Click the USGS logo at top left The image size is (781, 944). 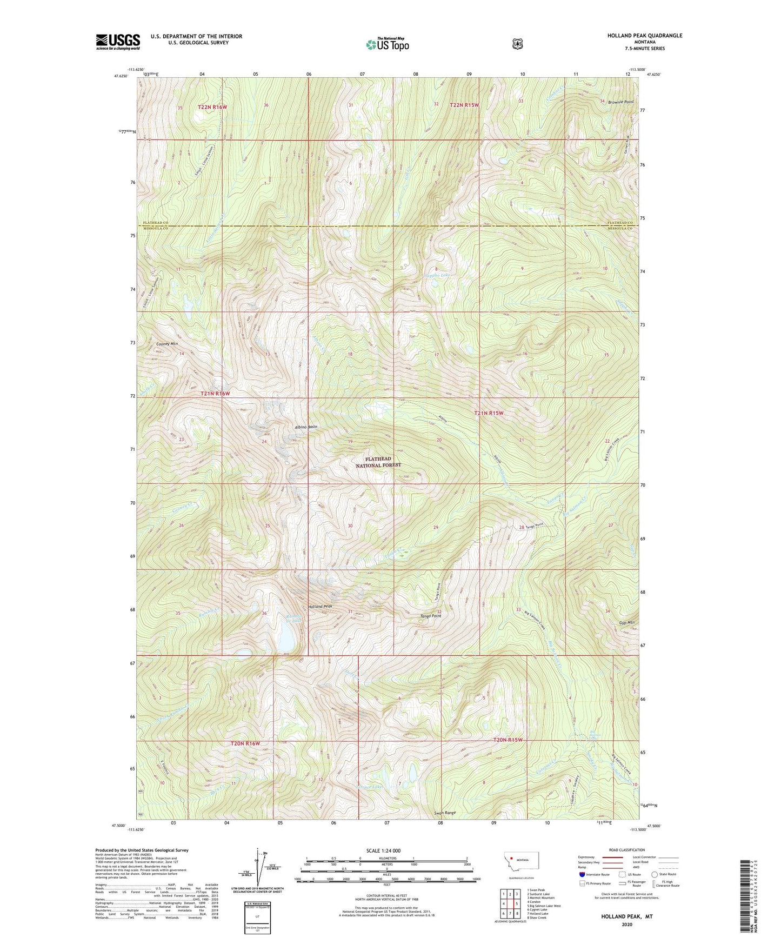tap(118, 42)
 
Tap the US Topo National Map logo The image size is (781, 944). tap(386, 44)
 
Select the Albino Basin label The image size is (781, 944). tap(306, 427)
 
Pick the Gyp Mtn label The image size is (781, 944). tap(627, 623)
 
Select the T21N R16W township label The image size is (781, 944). tap(215, 394)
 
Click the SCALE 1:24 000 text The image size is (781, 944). tap(383, 850)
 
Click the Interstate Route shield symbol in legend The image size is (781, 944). tap(582, 874)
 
